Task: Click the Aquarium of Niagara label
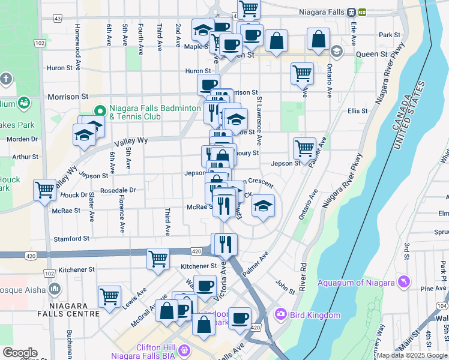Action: (356, 283)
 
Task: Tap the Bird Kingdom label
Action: (316, 315)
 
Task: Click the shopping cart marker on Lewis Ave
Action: (109, 296)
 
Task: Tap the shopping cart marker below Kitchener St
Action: (158, 259)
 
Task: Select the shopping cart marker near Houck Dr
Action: (45, 190)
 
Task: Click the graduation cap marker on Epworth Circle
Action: (262, 205)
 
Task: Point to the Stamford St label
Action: (71, 238)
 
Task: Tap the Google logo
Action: (20, 353)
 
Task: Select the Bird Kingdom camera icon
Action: (280, 314)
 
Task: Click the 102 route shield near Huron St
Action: (40, 43)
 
